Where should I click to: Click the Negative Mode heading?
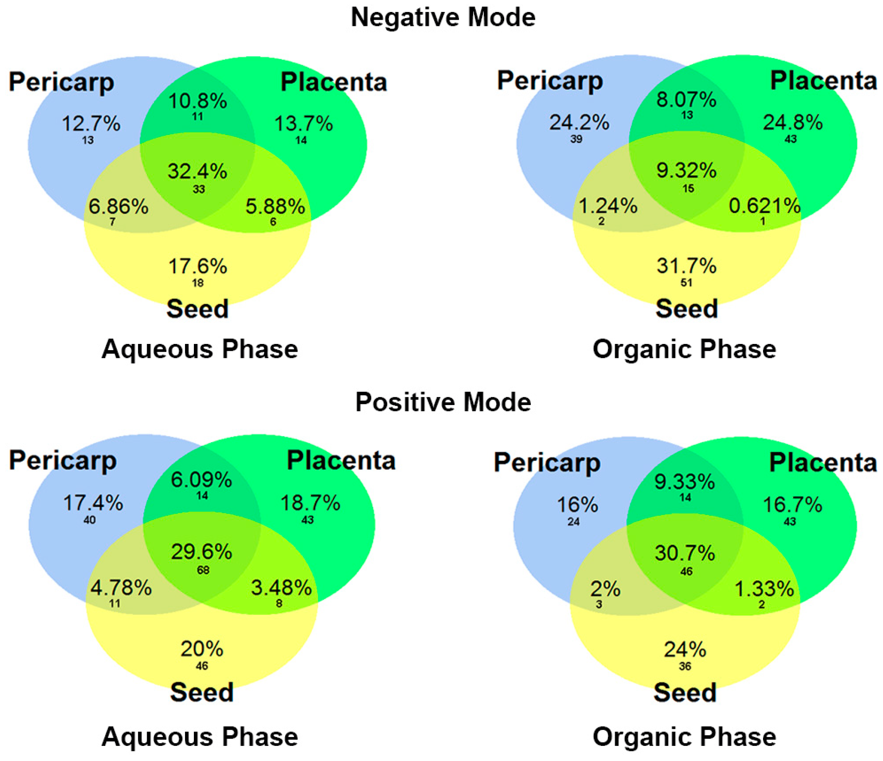pyautogui.click(x=443, y=17)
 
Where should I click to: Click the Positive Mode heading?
pyautogui.click(x=443, y=402)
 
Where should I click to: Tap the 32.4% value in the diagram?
pyautogui.click(x=197, y=171)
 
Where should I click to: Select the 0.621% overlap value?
pyautogui.click(x=765, y=206)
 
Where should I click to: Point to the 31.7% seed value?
pyautogui.click(x=686, y=266)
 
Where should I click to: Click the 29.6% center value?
pyautogui.click(x=202, y=552)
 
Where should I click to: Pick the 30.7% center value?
pyautogui.click(x=685, y=553)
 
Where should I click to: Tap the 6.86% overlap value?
pyautogui.click(x=118, y=207)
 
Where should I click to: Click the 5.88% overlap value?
pyautogui.click(x=275, y=207)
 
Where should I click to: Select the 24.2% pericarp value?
pyautogui.click(x=579, y=123)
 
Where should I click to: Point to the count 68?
pyautogui.click(x=203, y=570)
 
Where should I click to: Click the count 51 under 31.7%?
pyautogui.click(x=686, y=282)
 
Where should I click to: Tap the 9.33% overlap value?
pyautogui.click(x=684, y=482)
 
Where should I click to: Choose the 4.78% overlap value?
pyautogui.click(x=121, y=588)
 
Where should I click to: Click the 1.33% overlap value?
pyautogui.click(x=764, y=589)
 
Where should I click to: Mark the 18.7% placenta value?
pyautogui.click(x=310, y=503)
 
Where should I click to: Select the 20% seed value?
pyautogui.click(x=202, y=649)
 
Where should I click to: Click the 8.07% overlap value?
pyautogui.click(x=686, y=100)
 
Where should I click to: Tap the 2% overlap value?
pyautogui.click(x=605, y=589)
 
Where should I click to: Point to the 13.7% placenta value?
pyautogui.click(x=303, y=124)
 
